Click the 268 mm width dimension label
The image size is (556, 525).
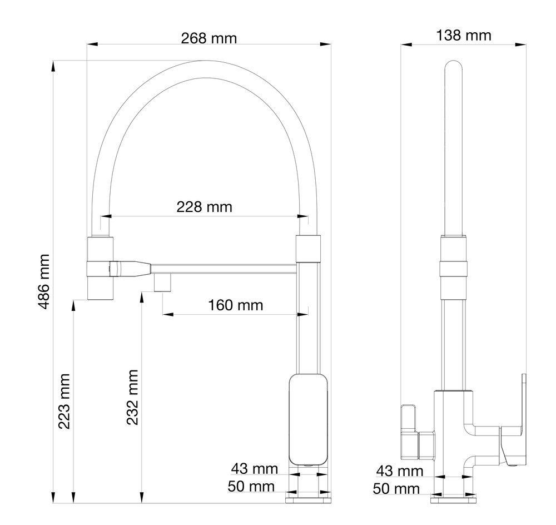pos(209,38)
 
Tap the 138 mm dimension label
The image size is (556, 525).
pos(464,36)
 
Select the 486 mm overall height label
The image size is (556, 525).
pos(44,281)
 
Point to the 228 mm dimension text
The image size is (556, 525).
pos(204,207)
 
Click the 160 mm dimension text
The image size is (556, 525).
pos(235,305)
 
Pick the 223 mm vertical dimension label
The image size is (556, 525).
pos(64,401)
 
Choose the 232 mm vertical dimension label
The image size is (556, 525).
pos(132,397)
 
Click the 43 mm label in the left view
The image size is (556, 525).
pos(254,469)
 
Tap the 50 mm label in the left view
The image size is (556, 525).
pos(251,486)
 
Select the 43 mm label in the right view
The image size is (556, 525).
pos(400,471)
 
